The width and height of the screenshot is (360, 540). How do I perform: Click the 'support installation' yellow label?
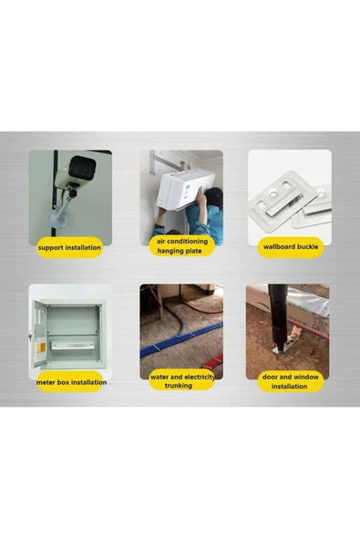[x=69, y=247]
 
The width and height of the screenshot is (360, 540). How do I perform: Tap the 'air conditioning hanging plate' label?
[x=182, y=246]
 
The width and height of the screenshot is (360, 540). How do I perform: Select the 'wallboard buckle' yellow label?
[x=291, y=247]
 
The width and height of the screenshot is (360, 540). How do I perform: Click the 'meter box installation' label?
[x=71, y=382]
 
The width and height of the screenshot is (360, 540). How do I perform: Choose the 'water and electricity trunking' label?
[x=182, y=381]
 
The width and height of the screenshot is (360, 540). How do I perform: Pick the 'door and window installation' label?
[x=291, y=381]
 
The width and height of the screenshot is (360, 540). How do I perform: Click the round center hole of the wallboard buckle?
[x=273, y=194]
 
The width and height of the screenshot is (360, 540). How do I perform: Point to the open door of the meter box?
[x=38, y=334]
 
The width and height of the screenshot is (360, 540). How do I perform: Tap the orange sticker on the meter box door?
[x=41, y=348]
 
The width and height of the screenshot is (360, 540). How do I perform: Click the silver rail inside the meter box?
[x=73, y=346]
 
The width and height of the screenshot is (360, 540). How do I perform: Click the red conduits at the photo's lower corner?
[x=213, y=364]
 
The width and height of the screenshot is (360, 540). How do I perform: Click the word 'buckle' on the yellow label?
[x=306, y=246]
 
